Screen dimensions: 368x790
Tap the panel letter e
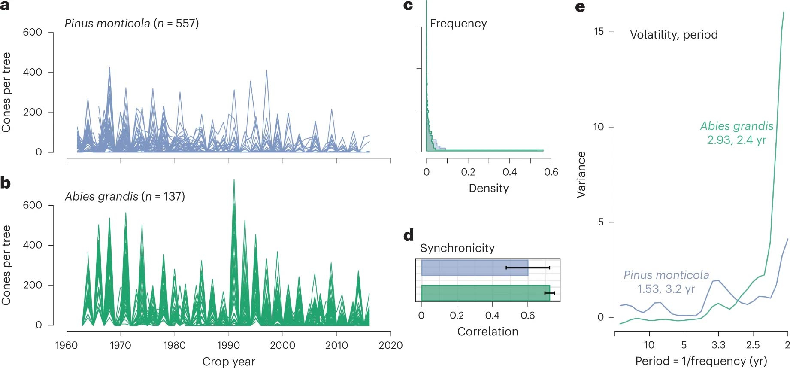click(580, 7)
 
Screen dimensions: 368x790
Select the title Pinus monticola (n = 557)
click(132, 24)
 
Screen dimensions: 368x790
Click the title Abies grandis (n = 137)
click(125, 197)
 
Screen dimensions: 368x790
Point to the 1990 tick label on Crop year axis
click(228, 345)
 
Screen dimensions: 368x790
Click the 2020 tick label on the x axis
click(390, 345)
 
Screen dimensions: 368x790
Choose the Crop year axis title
click(228, 362)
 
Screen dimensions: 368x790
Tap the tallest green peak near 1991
click(234, 181)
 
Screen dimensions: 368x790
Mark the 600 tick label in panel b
click(33, 205)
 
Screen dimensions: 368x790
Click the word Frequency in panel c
click(458, 24)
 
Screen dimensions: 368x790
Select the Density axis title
click(489, 188)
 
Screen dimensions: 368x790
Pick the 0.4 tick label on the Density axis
click(509, 172)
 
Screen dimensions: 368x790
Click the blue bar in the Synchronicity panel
click(474, 268)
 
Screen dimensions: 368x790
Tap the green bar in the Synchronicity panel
click(485, 293)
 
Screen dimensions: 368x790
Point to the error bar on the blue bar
click(528, 268)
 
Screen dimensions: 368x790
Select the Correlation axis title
click(487, 332)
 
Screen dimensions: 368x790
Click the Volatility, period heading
click(674, 35)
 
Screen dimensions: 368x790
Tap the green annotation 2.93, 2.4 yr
click(736, 140)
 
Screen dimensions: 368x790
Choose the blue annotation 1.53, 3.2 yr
click(666, 289)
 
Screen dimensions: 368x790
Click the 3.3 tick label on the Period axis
click(718, 345)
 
